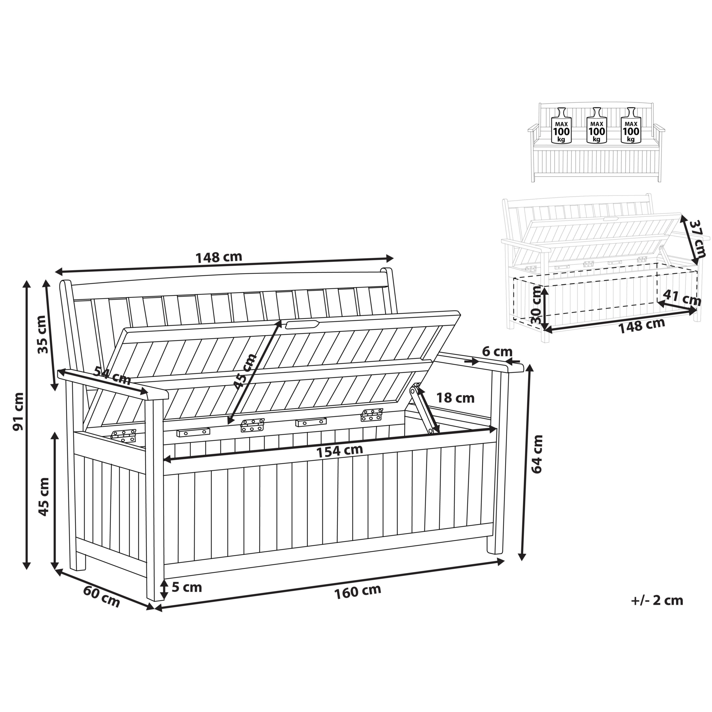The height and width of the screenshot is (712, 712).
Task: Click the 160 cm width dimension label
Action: coord(358,592)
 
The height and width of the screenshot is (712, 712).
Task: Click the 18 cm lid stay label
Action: coord(455,398)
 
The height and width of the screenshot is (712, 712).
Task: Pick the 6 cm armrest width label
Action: coord(497,351)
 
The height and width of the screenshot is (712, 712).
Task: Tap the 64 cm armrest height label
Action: coord(537,454)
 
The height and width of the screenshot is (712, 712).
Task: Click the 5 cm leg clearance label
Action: coord(187,587)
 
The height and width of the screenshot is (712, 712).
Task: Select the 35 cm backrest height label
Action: coord(44,335)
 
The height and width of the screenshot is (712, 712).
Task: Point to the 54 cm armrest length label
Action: coord(112,376)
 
